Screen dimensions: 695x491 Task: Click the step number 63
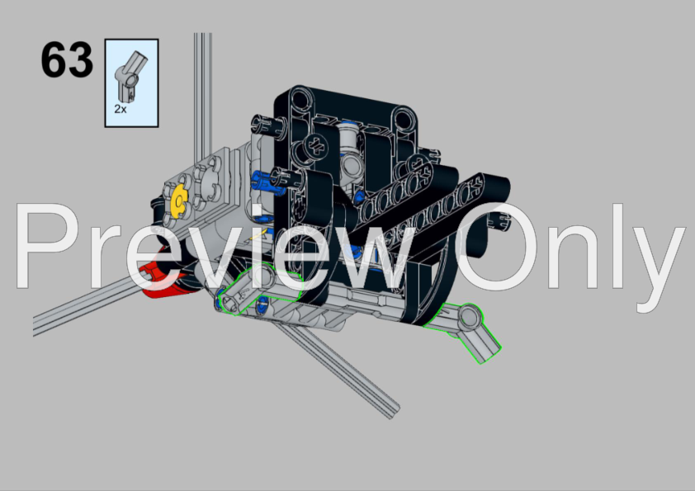pos(67,59)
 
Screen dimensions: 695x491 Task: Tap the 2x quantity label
pos(121,109)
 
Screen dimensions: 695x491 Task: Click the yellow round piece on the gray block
pos(179,201)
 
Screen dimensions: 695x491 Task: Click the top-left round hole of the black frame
pos(300,97)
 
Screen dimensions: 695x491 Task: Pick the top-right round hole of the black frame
pos(403,118)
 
